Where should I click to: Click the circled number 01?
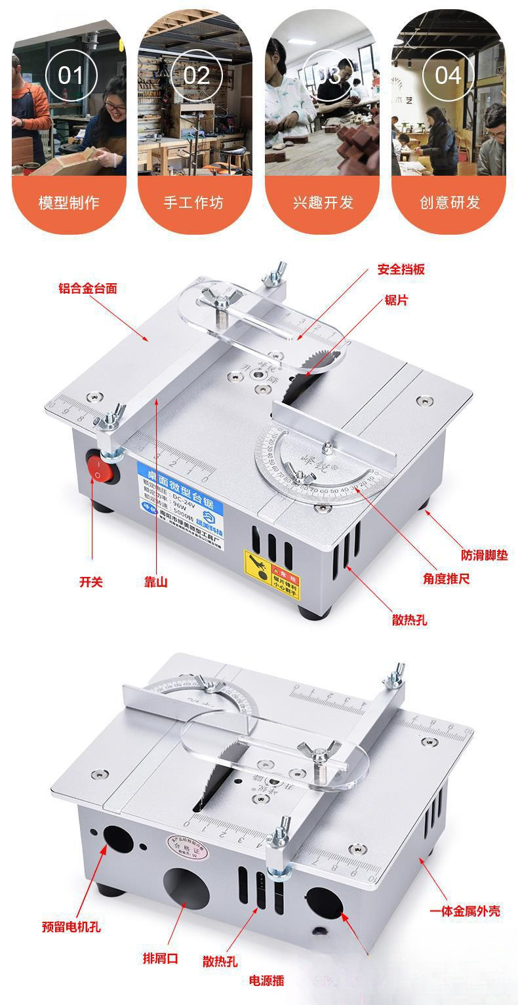pyautogui.click(x=70, y=75)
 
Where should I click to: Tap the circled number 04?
pyautogui.click(x=448, y=75)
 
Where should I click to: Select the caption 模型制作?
pyautogui.click(x=69, y=202)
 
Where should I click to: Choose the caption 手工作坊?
pyautogui.click(x=195, y=202)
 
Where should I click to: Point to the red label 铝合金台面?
pyautogui.click(x=88, y=288)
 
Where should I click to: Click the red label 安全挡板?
pyautogui.click(x=401, y=269)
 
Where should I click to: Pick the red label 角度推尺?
pyautogui.click(x=447, y=579)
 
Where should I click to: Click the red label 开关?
pyautogui.click(x=91, y=581)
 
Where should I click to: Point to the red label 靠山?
pyautogui.click(x=156, y=581)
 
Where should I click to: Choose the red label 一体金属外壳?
pyautogui.click(x=465, y=911)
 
